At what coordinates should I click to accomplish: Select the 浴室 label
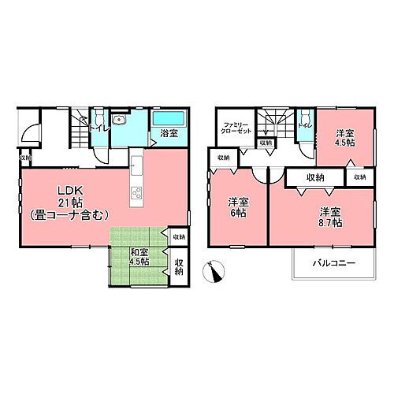click(169, 133)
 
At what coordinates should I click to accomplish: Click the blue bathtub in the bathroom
click(168, 120)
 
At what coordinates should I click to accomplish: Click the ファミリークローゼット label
click(237, 128)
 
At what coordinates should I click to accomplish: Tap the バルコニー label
click(333, 262)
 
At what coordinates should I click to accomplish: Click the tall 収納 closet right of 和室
click(179, 268)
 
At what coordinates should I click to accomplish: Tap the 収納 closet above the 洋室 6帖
click(224, 158)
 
